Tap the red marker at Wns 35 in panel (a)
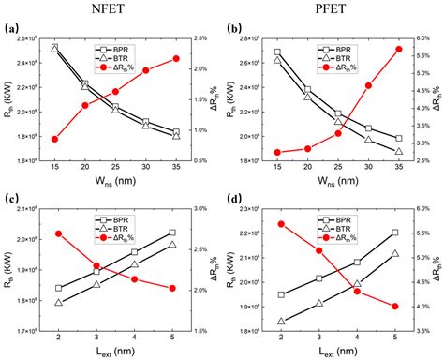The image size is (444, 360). click(176, 59)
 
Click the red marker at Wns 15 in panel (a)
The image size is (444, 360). click(54, 139)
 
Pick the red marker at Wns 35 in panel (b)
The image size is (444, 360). click(399, 49)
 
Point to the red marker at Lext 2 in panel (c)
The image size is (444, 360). click(58, 233)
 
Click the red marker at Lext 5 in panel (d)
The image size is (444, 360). click(393, 307)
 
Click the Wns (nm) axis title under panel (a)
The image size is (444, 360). click(115, 173)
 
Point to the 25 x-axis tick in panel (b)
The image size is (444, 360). click(338, 161)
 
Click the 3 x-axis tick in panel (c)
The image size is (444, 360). click(96, 335)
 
